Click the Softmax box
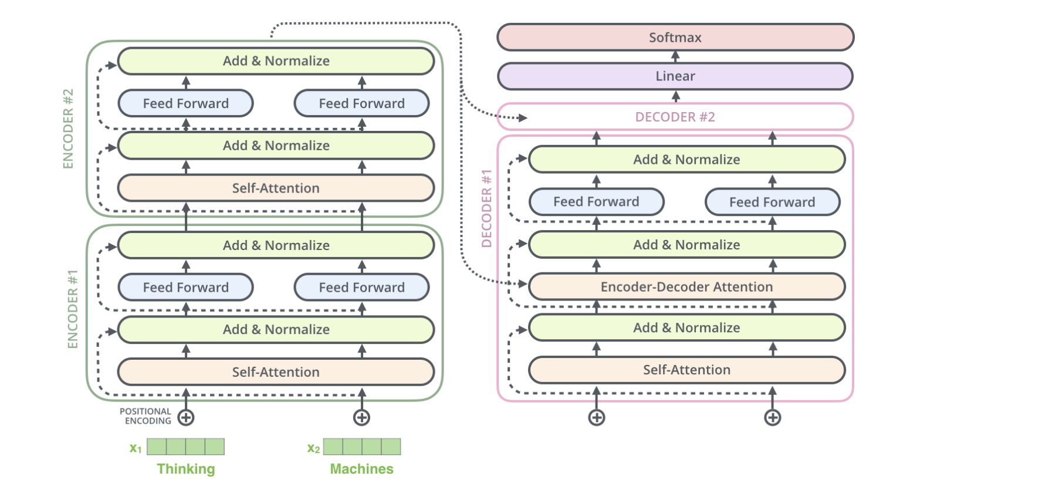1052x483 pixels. (x=675, y=38)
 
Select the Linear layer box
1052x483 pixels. (x=675, y=76)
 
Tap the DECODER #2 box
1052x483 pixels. (x=675, y=117)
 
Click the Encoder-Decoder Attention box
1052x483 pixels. (x=686, y=287)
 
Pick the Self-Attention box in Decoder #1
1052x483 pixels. (x=686, y=370)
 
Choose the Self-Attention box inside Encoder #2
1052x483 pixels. (x=276, y=188)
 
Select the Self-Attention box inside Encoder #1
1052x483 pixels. (x=276, y=372)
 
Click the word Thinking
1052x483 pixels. (x=186, y=469)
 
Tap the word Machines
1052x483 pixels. (x=361, y=469)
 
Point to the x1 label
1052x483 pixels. (x=136, y=448)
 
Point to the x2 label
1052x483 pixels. (x=313, y=448)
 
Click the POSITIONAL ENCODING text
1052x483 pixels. (x=146, y=416)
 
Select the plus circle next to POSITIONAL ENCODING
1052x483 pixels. (x=186, y=418)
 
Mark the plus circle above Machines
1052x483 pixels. (x=361, y=418)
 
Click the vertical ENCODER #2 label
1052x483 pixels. (x=69, y=129)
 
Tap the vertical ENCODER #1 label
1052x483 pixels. (x=73, y=309)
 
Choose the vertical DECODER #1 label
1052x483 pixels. (x=486, y=208)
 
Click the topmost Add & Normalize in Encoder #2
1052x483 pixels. (x=276, y=61)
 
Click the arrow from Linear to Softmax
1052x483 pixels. (x=675, y=57)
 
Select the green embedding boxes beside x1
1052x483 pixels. (x=185, y=447)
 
